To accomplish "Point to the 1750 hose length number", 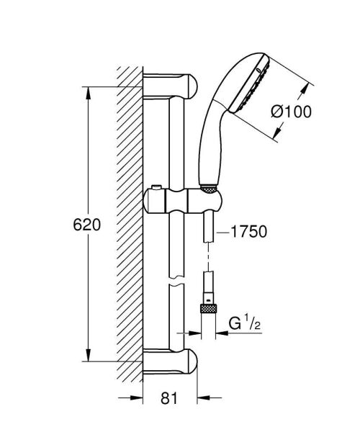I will [250, 232].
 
